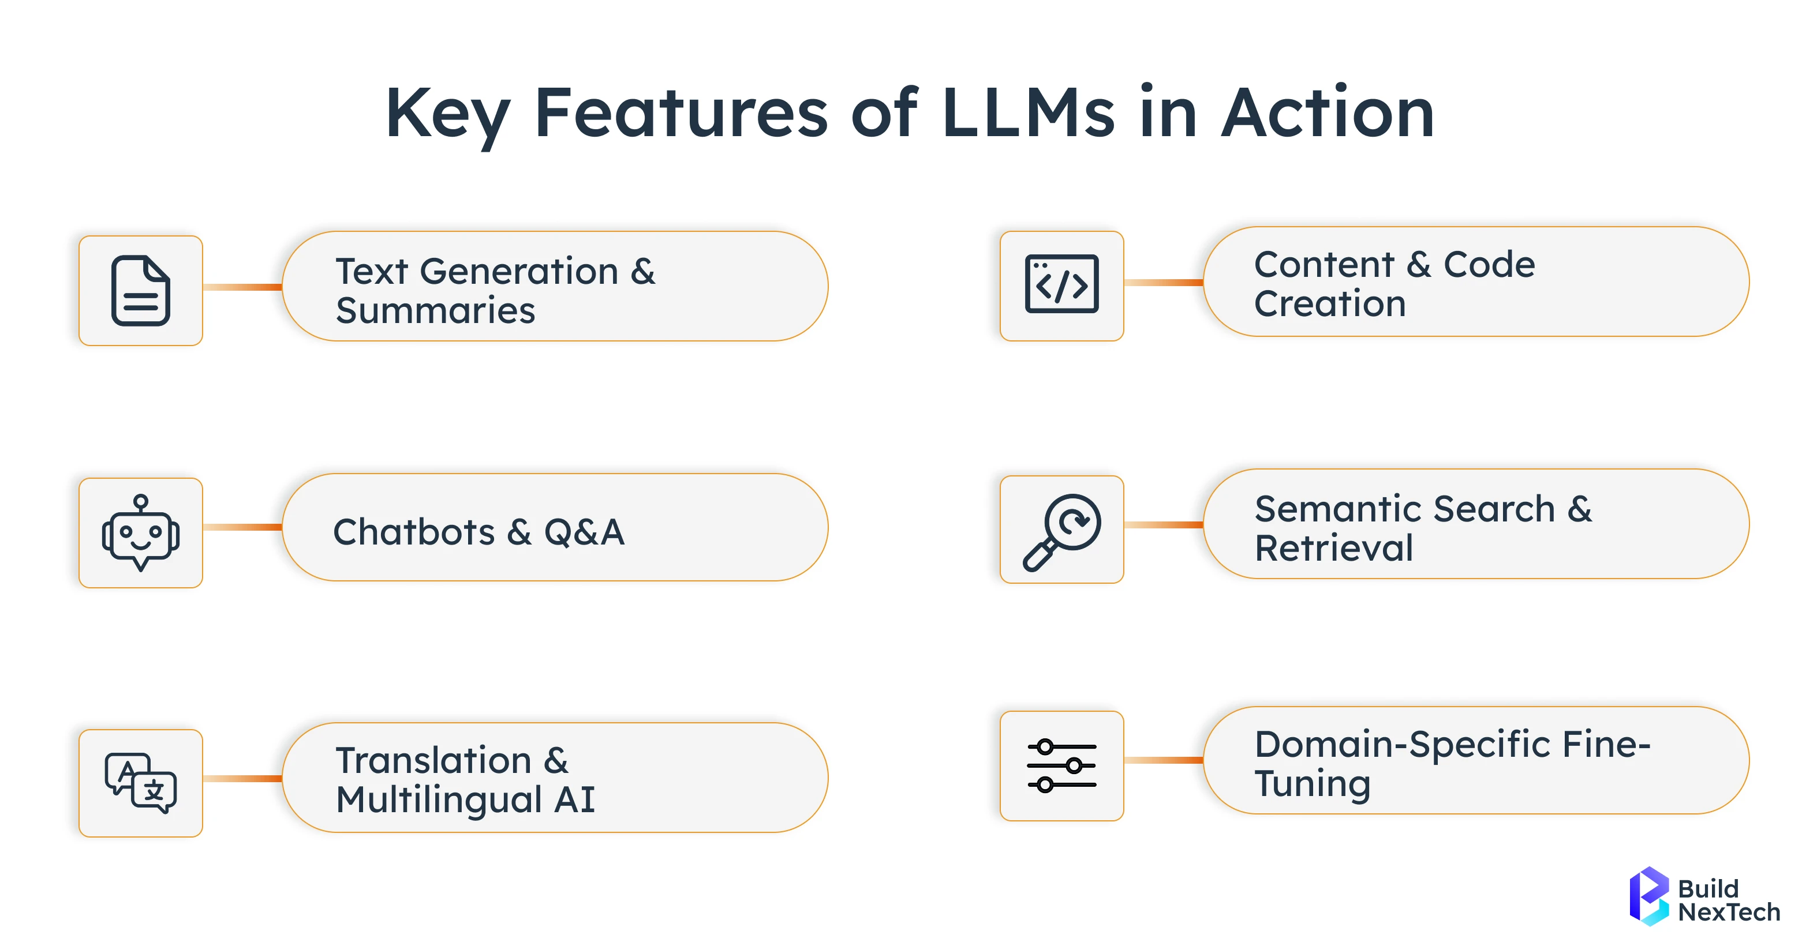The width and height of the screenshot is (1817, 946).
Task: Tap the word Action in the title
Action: point(1328,113)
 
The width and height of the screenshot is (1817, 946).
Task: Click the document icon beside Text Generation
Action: point(140,290)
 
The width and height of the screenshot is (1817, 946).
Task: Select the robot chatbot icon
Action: point(140,533)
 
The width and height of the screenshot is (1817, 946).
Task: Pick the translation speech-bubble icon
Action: point(140,782)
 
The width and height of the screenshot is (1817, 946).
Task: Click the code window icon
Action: point(1061,284)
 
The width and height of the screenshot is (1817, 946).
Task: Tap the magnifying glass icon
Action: point(1061,531)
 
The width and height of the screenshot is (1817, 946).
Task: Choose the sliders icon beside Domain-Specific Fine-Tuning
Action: point(1061,765)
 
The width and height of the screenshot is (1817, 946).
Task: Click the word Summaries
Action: point(435,311)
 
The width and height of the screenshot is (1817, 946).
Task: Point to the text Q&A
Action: point(584,532)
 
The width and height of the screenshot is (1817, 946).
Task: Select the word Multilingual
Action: point(439,800)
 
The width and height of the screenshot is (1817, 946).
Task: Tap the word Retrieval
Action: point(1333,549)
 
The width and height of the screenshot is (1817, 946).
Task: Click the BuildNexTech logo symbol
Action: point(1648,895)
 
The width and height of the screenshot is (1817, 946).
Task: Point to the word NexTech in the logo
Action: point(1728,912)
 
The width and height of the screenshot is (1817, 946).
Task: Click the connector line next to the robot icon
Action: point(242,527)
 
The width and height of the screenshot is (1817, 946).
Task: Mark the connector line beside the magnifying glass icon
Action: point(1163,525)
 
